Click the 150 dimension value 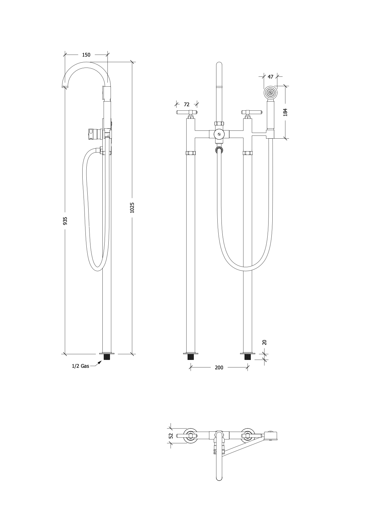pos(86,55)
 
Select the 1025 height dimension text pos(132,208)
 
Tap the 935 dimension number pos(65,221)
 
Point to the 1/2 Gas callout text pos(81,366)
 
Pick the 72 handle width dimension pos(187,105)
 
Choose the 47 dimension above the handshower pos(270,76)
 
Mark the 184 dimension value pos(285,113)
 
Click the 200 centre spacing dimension pos(219,367)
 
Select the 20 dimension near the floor pos(264,342)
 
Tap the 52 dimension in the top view pos(171,436)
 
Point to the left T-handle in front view pos(187,112)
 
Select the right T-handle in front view pos(251,112)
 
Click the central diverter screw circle pos(219,134)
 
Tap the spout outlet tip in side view pos(64,86)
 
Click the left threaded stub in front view pos(190,357)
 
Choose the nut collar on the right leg pos(248,153)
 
